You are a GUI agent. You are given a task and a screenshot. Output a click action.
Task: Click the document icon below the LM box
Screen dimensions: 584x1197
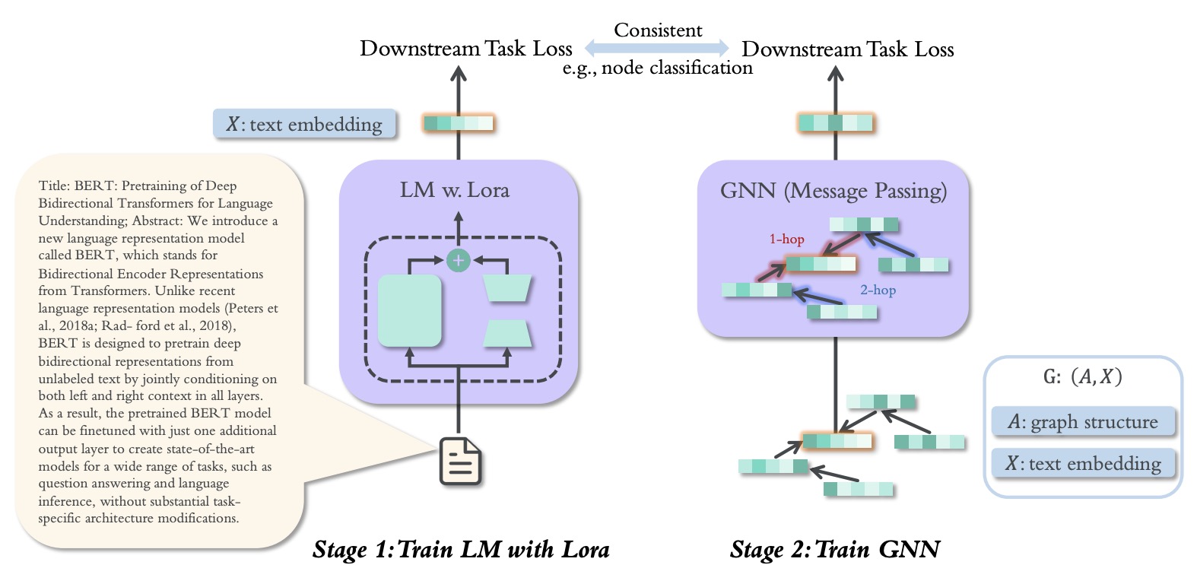[x=460, y=460]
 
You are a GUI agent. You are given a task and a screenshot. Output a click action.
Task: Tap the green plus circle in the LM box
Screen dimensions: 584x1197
[x=458, y=261]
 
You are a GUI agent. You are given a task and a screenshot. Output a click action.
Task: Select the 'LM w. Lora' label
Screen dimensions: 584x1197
[x=455, y=190]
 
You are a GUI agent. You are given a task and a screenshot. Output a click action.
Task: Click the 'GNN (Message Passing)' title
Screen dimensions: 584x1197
[x=833, y=191]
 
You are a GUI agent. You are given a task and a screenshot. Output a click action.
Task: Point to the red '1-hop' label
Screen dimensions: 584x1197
[x=786, y=239]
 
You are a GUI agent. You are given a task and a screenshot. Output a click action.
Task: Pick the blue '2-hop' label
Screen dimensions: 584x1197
[x=878, y=290]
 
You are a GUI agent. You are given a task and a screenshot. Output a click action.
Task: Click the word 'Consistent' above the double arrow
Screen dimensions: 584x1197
[x=658, y=30]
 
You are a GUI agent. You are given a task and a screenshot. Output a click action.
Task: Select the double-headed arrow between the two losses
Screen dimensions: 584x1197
[x=657, y=49]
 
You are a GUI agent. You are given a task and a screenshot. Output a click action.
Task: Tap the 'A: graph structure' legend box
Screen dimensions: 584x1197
[x=1083, y=422]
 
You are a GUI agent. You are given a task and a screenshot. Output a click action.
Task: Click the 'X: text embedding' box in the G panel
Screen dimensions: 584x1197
[x=1083, y=463]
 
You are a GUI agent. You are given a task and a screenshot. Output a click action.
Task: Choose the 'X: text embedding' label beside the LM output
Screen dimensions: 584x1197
[x=304, y=124]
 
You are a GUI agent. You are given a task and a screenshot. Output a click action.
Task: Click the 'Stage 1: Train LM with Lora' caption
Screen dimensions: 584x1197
[x=461, y=549]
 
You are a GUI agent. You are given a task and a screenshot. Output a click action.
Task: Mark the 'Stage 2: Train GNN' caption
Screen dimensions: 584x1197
[x=835, y=549]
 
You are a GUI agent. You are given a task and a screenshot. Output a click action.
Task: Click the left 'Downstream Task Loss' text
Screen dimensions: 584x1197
[x=465, y=49]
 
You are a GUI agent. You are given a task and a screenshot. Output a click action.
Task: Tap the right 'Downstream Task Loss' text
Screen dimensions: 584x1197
[x=847, y=49]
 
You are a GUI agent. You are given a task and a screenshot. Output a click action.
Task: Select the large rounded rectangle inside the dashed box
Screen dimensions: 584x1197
[x=410, y=310]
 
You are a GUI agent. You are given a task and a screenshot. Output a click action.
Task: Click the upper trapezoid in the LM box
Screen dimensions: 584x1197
[x=507, y=288]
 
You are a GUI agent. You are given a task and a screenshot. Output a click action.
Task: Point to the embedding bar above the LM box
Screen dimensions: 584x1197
[x=459, y=123]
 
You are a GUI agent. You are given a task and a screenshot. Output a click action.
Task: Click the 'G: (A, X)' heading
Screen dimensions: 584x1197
[x=1083, y=376]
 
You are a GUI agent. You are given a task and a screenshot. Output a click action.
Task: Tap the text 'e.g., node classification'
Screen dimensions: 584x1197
[x=658, y=68]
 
